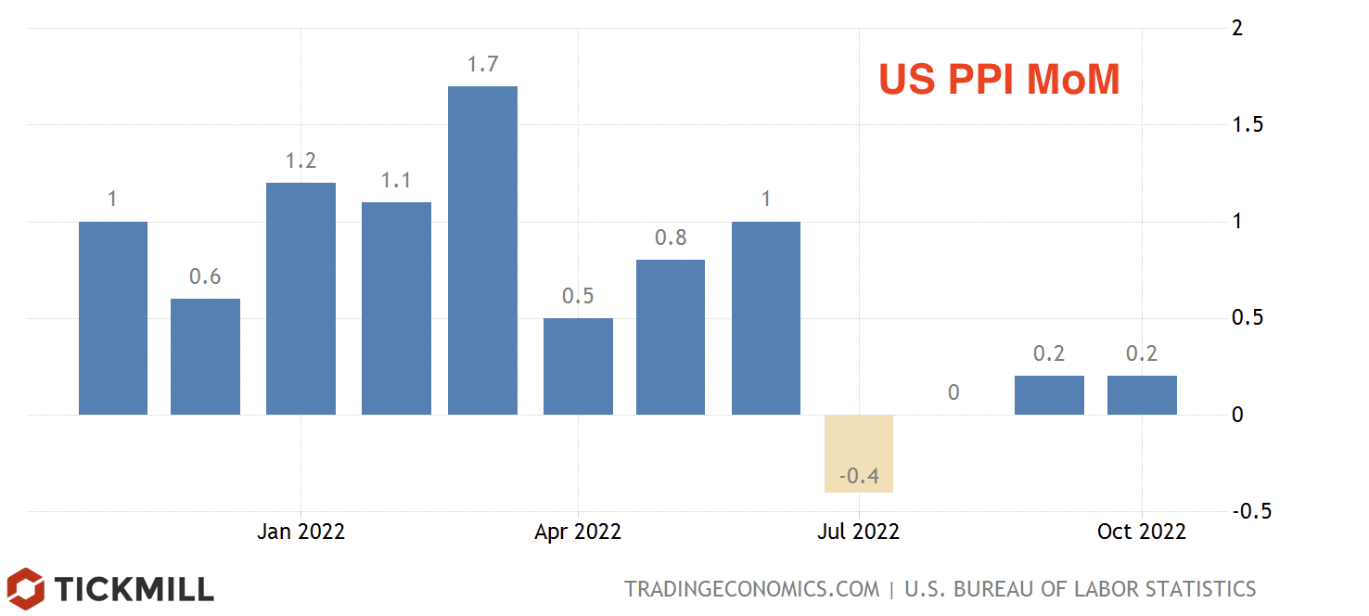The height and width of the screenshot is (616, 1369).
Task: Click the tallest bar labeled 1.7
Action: [482, 250]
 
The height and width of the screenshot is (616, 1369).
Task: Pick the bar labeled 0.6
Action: [205, 356]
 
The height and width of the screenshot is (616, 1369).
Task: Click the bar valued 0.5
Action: [578, 366]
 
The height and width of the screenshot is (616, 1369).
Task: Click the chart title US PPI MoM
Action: [999, 81]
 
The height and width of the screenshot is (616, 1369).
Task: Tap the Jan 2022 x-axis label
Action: [301, 532]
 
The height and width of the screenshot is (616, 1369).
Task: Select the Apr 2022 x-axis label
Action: [578, 532]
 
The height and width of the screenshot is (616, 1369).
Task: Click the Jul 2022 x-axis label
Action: [859, 532]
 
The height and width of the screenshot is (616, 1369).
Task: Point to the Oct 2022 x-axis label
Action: [1141, 532]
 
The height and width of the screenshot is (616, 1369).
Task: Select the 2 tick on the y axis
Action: [1236, 29]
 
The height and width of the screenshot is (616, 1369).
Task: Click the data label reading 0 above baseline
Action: [953, 392]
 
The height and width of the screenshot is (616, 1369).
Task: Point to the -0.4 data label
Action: [859, 477]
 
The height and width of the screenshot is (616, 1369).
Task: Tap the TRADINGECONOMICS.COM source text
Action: [751, 589]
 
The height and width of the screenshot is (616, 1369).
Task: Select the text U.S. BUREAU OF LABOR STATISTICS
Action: [1080, 589]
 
